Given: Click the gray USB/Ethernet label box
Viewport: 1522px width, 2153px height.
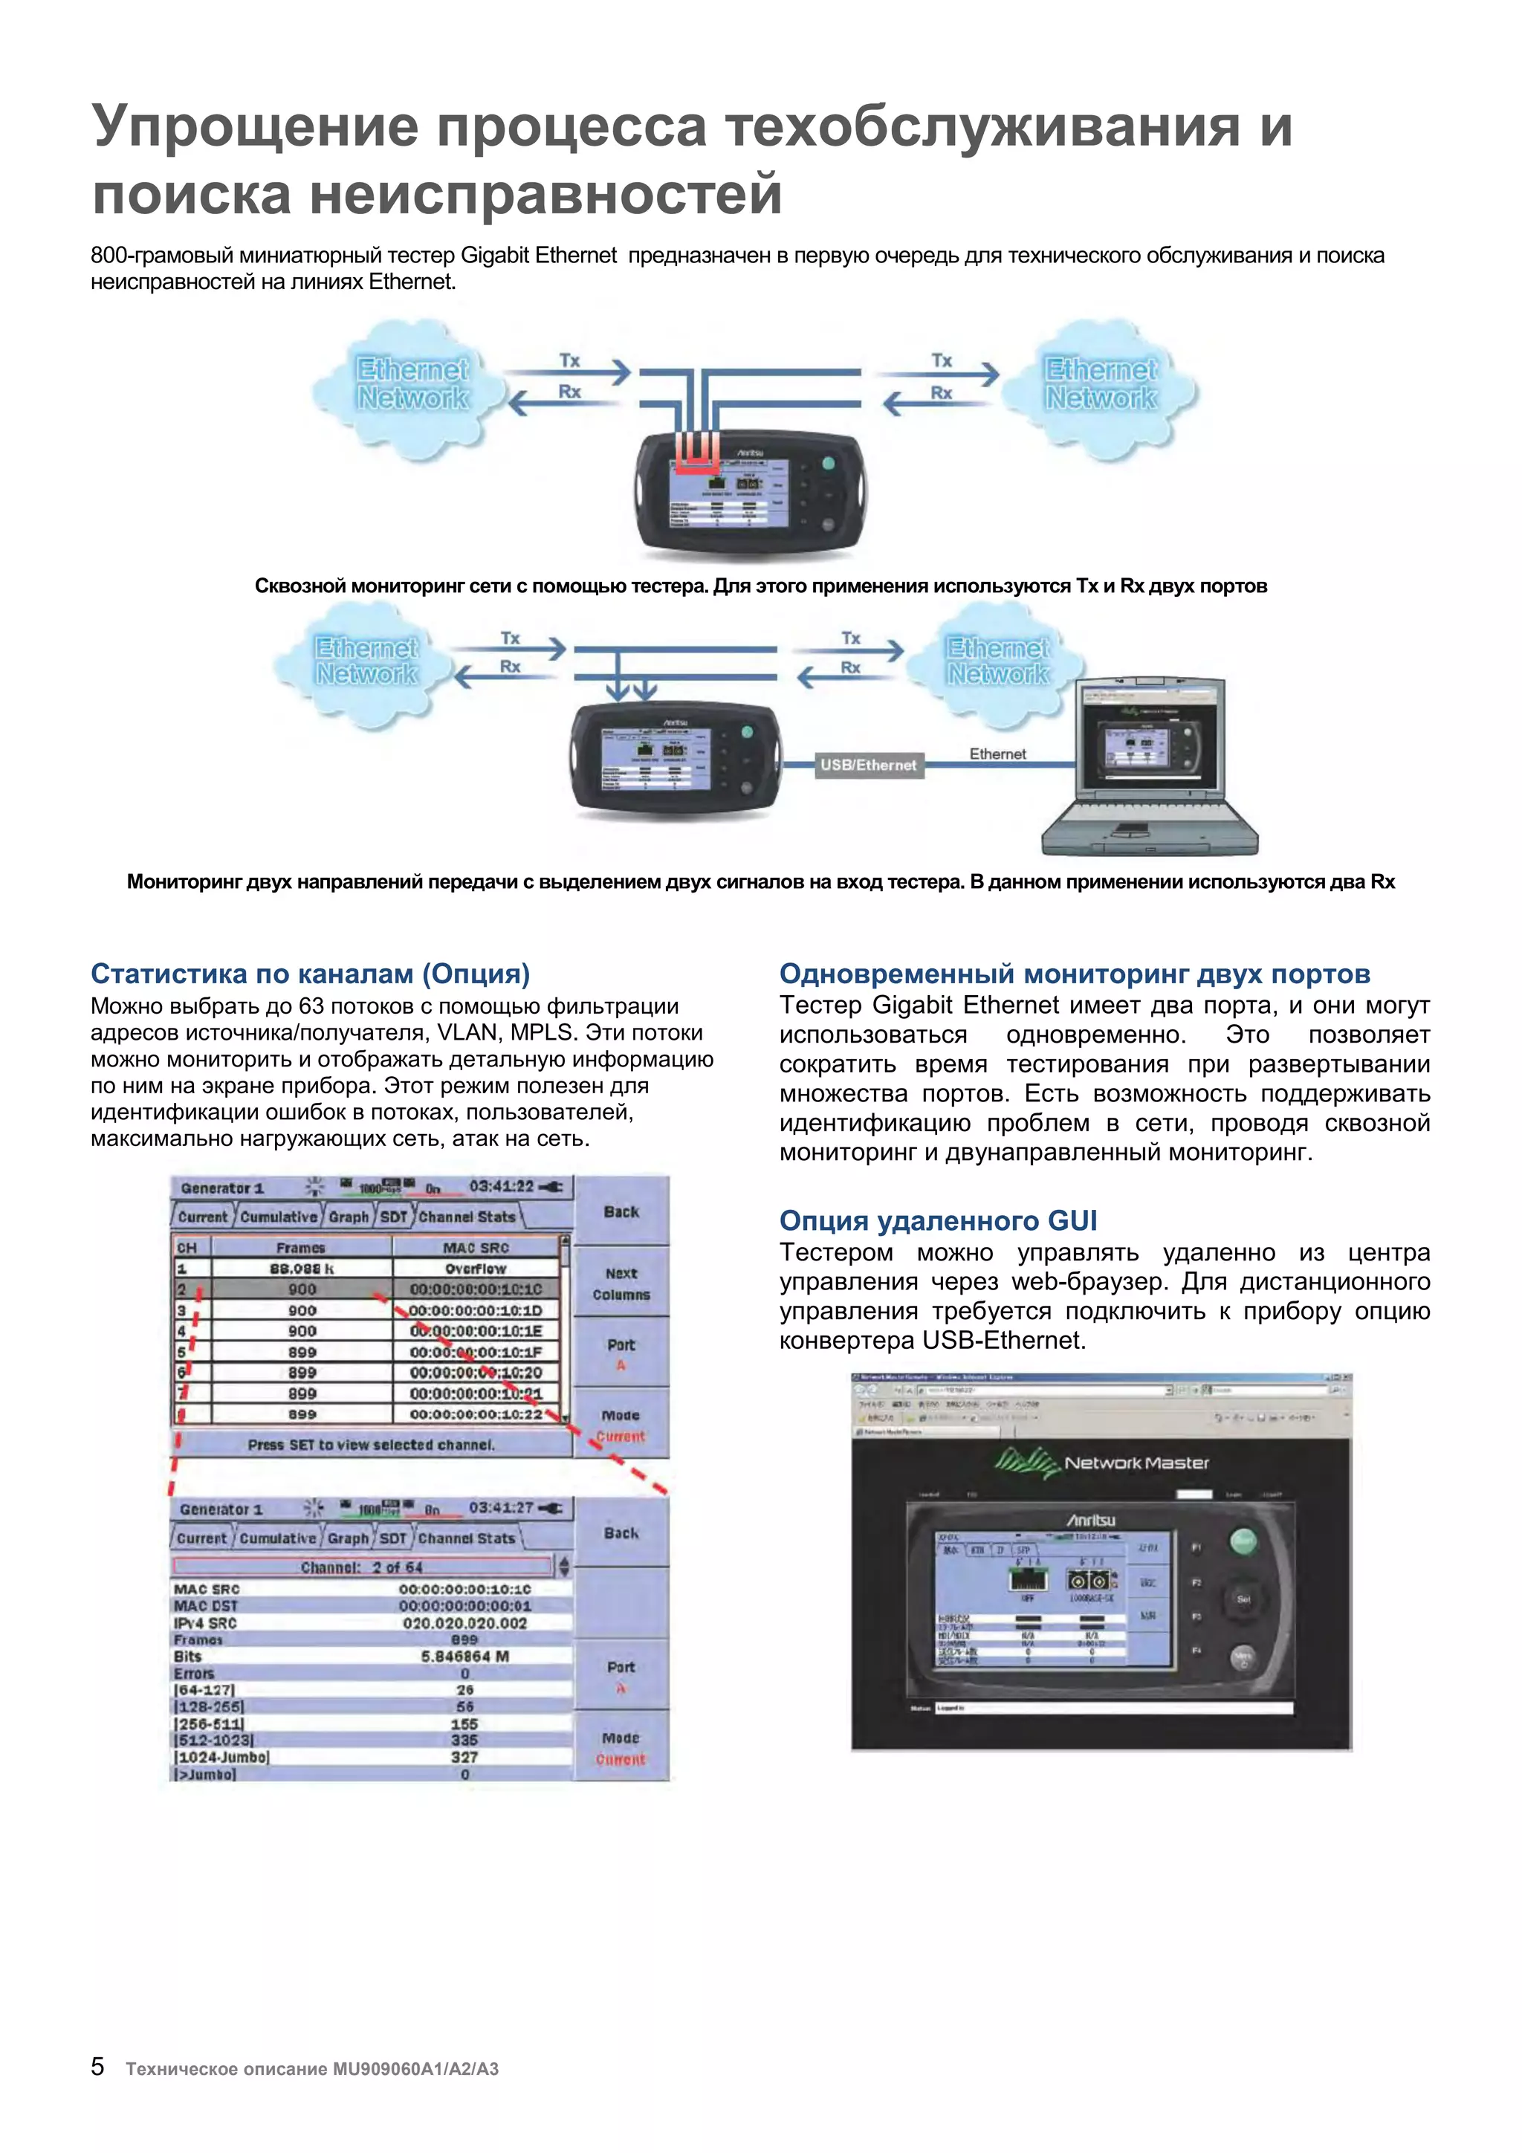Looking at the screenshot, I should [867, 765].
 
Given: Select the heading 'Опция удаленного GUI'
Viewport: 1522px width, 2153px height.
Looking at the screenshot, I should [938, 1221].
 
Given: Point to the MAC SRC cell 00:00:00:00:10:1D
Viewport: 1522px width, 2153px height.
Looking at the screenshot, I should [476, 1310].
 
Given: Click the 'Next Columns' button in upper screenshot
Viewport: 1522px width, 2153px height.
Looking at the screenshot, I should [621, 1283].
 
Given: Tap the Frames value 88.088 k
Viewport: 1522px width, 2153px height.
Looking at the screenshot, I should [301, 1269].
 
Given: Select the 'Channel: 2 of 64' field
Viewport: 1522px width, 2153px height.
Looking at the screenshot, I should [362, 1567].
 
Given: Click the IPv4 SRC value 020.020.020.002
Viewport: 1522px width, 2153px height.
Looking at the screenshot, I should [464, 1623].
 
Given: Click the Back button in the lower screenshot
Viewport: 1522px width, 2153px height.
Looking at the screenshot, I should [621, 1533].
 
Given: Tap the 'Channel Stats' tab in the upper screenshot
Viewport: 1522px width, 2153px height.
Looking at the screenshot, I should [466, 1217].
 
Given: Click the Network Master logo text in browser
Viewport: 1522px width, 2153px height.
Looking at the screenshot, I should [1136, 1463].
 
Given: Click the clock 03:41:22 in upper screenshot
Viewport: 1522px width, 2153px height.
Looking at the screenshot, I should [501, 1186].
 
